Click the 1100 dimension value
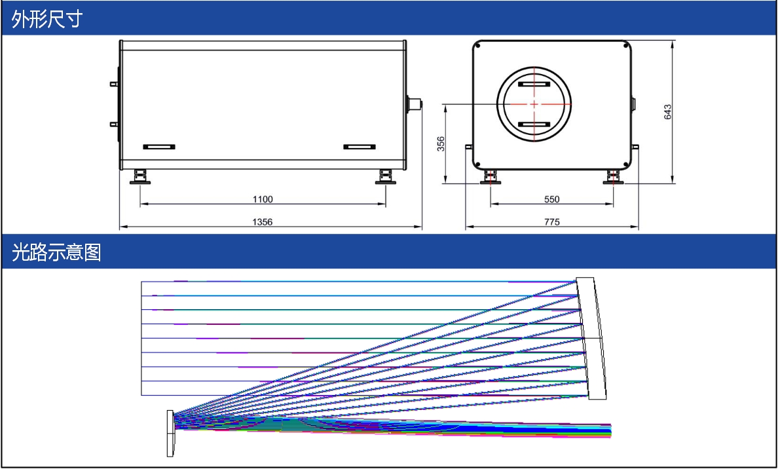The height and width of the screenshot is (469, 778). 263,200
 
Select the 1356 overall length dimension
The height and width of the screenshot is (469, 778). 263,222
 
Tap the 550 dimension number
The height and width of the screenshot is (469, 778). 552,200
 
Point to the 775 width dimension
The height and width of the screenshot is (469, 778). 552,222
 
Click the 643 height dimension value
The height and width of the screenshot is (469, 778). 667,111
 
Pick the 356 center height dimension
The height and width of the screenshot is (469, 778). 441,144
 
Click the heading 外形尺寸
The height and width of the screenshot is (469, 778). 47,19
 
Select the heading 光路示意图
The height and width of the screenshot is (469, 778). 56,252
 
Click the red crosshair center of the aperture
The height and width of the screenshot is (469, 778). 534,104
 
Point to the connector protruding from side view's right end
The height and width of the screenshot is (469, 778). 414,104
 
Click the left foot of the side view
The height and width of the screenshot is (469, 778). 140,177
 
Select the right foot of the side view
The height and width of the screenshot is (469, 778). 386,177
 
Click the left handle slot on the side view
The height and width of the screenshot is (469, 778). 158,147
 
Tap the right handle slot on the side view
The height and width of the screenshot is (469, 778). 360,147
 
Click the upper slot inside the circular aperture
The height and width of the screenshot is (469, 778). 534,84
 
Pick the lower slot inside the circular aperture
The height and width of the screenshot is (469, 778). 534,124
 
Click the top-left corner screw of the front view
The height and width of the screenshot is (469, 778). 477,46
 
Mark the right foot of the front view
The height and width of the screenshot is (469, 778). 613,177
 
